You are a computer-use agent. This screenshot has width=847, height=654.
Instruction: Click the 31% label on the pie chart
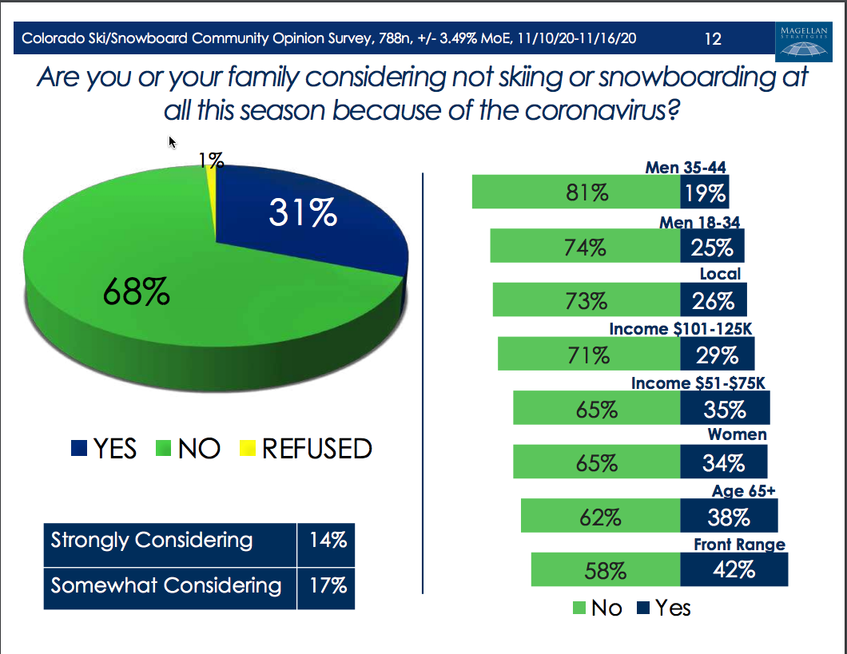303,213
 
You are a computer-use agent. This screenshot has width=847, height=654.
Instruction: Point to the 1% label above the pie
210,161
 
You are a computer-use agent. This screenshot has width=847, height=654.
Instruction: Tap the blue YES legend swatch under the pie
79,449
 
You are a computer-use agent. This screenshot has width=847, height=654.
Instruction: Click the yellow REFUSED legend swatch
248,449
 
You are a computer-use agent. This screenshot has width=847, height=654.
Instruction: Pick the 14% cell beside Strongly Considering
327,541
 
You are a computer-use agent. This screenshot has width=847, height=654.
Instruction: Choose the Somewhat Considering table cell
166,585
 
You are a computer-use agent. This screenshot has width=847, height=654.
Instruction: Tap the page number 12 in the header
713,38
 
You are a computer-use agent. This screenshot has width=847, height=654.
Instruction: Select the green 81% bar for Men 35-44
576,192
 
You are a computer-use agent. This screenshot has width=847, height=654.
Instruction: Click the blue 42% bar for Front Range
734,570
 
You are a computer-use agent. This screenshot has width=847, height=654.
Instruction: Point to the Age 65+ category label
743,491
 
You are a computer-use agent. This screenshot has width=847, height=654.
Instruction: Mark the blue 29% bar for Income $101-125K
717,354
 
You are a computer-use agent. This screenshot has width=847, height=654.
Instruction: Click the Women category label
737,434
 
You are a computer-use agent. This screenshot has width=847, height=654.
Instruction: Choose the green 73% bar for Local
587,300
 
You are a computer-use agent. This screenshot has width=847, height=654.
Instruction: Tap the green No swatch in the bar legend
579,608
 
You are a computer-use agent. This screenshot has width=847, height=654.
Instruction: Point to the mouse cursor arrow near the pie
172,141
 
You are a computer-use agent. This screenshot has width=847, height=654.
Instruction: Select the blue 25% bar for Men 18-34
712,247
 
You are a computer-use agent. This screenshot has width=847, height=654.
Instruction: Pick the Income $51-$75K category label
698,382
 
